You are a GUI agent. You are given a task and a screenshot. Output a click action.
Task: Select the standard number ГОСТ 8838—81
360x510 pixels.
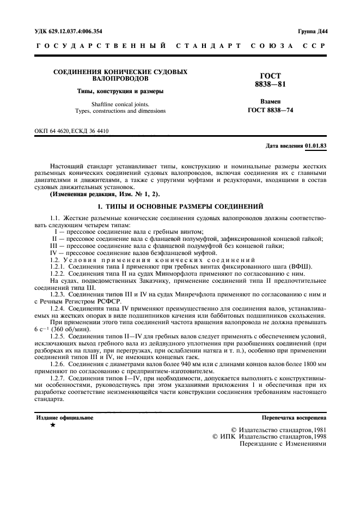tap(266, 80)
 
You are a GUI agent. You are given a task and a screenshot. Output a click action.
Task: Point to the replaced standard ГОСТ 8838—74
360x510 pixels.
tap(266, 110)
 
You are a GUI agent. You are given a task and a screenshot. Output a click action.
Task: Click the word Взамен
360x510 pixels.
tap(266, 102)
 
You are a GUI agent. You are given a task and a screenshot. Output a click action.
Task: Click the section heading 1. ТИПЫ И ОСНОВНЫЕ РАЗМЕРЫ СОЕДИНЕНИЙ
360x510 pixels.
tap(180, 206)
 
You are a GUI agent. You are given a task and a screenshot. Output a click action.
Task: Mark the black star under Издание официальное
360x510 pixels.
tap(52, 425)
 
